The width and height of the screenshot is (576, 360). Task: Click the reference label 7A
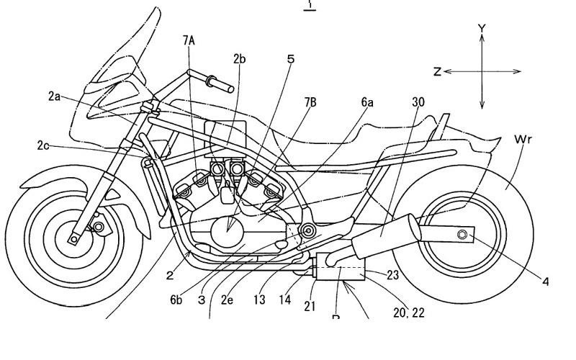point(189,40)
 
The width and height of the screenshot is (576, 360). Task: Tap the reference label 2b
point(240,59)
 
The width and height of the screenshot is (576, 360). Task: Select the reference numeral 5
point(291,59)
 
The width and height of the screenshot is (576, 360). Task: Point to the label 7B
point(310,103)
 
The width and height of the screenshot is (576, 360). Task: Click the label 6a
point(367,103)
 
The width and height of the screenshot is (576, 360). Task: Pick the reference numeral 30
point(418,103)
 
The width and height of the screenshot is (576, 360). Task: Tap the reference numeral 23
point(392,274)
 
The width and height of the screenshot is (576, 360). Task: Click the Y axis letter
point(482,29)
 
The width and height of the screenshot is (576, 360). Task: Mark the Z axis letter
point(437,72)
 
